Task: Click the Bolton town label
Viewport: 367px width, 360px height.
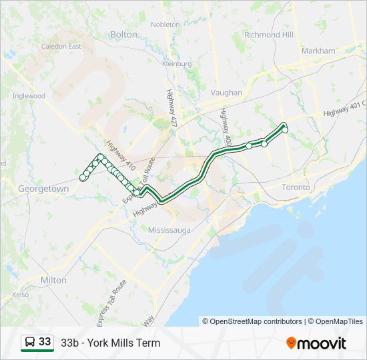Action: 123,34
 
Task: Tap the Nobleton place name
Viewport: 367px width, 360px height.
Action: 165,25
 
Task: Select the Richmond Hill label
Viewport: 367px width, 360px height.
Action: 269,35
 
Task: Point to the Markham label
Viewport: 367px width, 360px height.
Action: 318,51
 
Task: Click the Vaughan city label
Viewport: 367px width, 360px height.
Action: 226,93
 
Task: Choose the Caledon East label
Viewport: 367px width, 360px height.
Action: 61,47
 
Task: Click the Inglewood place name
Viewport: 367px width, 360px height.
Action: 28,96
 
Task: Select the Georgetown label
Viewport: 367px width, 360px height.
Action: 43,189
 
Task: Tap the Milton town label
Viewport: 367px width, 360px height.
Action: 53,280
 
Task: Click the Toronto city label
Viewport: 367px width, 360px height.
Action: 296,187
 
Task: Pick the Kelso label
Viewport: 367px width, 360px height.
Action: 20,294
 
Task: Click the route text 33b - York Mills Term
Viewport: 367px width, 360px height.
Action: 110,343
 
